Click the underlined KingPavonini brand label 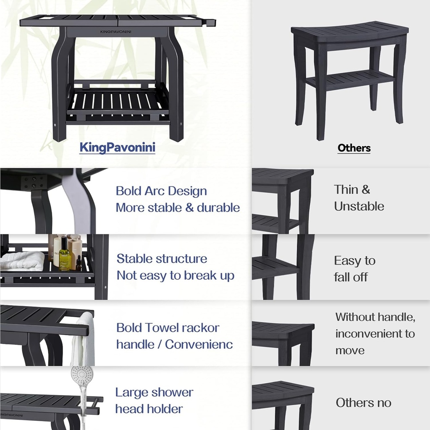(117, 147)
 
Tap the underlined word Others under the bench (354, 148)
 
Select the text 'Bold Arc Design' (161, 191)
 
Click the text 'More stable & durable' (178, 207)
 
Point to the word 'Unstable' (359, 206)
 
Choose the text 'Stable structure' (162, 259)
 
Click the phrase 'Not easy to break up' (176, 276)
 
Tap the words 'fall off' (351, 277)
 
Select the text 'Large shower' (154, 392)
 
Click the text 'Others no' (363, 403)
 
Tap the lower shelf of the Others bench (349, 79)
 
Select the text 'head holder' (149, 409)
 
